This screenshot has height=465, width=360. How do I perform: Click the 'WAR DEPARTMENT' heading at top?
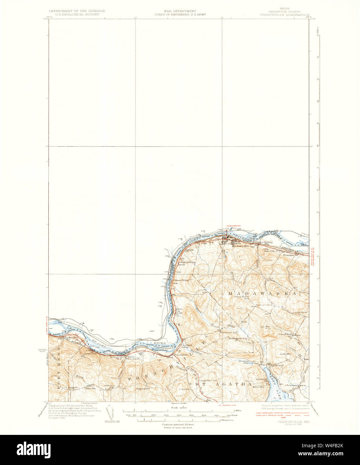click(x=180, y=11)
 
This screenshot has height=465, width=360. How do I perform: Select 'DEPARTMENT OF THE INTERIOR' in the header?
click(x=77, y=11)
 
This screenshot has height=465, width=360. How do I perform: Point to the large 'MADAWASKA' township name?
click(x=263, y=293)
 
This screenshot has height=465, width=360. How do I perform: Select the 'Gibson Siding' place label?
click(x=179, y=280)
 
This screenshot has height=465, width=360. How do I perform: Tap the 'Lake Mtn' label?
click(x=285, y=354)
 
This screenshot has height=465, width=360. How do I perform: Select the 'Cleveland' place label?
click(x=291, y=385)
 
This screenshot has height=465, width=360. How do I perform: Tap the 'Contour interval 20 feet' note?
click(x=178, y=424)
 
